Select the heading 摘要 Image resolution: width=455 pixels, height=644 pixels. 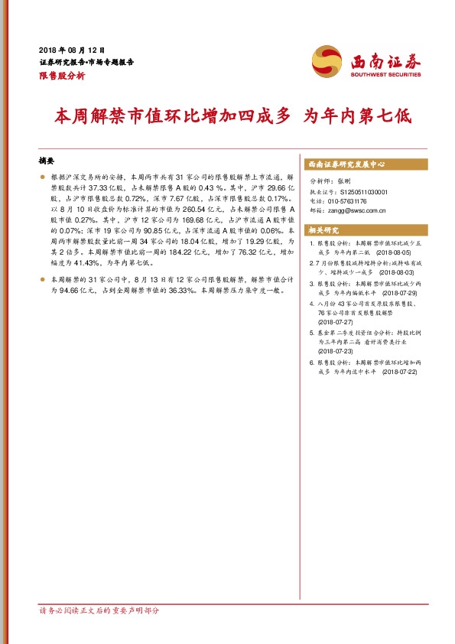47,162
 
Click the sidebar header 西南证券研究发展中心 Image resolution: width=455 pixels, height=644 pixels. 346,164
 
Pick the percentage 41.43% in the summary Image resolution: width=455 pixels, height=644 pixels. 83,262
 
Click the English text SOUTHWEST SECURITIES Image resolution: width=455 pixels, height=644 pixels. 385,75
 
